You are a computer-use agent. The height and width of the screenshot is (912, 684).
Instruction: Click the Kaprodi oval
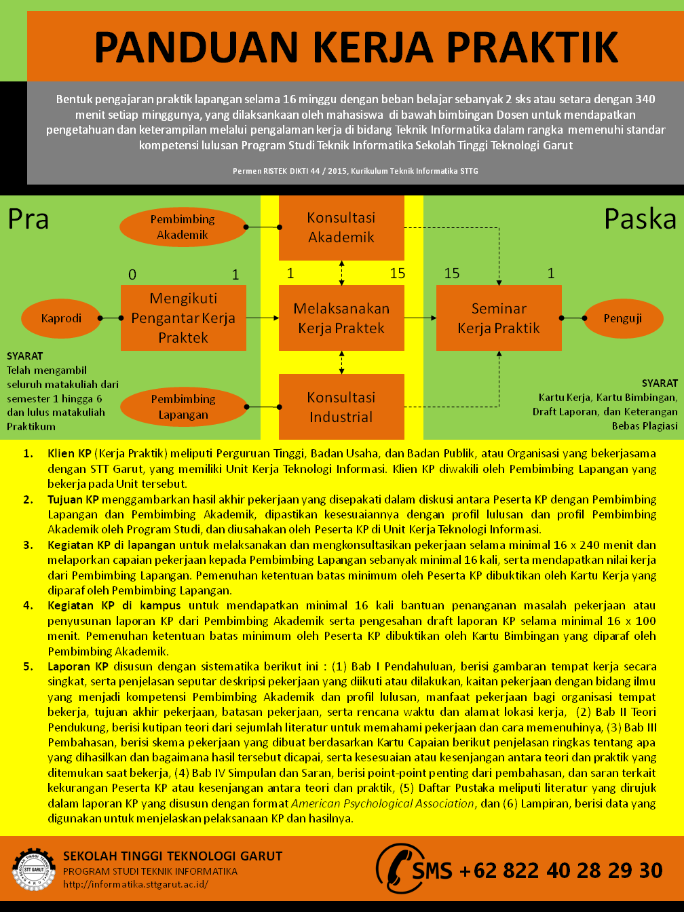pyautogui.click(x=61, y=318)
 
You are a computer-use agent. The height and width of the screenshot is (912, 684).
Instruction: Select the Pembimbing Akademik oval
pyautogui.click(x=183, y=227)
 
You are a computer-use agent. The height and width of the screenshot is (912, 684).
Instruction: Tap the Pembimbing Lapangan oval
pyautogui.click(x=183, y=407)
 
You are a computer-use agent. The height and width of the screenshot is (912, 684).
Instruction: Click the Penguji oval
pyautogui.click(x=622, y=318)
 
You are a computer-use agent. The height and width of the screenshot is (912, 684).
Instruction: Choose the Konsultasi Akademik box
pyautogui.click(x=341, y=227)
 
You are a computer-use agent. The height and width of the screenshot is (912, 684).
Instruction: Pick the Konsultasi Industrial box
pyautogui.click(x=341, y=406)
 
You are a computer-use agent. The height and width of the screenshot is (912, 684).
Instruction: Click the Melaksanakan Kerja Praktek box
pyautogui.click(x=341, y=318)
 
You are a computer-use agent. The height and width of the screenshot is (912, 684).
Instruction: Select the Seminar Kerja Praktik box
pyautogui.click(x=499, y=318)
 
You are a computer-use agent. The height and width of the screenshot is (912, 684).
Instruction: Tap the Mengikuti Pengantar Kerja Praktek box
pyautogui.click(x=183, y=318)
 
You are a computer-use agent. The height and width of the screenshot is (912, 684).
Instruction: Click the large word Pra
pyautogui.click(x=28, y=219)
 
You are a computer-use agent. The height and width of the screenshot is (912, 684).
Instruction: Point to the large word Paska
pyautogui.click(x=640, y=219)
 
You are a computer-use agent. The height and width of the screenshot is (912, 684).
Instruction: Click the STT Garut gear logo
pyautogui.click(x=33, y=869)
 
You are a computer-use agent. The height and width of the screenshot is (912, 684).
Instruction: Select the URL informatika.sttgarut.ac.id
pyautogui.click(x=136, y=884)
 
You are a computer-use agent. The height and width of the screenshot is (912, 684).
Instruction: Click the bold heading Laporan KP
pyautogui.click(x=78, y=666)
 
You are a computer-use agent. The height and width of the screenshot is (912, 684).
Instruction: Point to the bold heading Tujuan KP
pyautogui.click(x=73, y=499)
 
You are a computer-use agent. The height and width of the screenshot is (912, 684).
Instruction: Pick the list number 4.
pyautogui.click(x=28, y=605)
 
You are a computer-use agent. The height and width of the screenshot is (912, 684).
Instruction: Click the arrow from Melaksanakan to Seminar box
pyautogui.click(x=420, y=318)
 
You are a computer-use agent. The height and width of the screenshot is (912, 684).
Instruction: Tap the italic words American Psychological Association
pyautogui.click(x=383, y=803)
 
